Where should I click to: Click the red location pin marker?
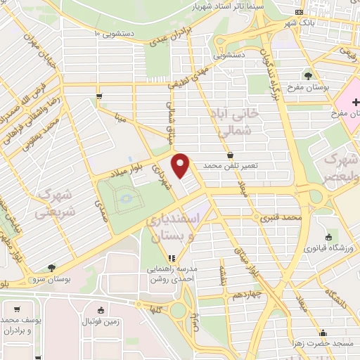(182, 165)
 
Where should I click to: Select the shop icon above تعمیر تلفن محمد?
(231, 154)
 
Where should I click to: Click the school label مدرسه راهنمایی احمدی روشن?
(173, 274)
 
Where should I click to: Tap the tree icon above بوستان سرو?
(51, 268)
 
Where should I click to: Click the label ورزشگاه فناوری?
(326, 249)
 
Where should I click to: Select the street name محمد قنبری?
(281, 218)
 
